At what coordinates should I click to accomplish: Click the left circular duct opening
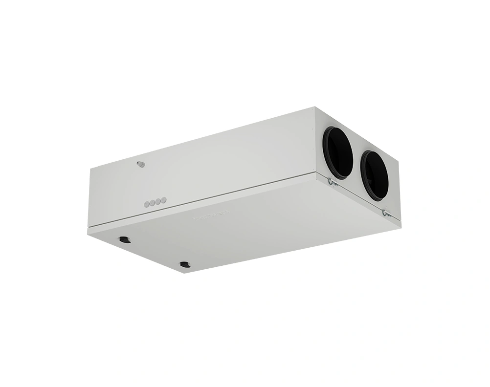[338, 152]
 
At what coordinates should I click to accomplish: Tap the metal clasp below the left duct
[331, 182]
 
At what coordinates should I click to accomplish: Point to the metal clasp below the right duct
[386, 214]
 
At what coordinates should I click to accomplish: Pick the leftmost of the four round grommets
[147, 205]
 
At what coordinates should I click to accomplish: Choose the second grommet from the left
[152, 203]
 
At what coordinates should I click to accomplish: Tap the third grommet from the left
[157, 201]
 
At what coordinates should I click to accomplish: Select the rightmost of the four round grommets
[163, 200]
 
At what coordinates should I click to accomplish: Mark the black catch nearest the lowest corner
[184, 265]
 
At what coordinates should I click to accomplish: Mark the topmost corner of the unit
[313, 108]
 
